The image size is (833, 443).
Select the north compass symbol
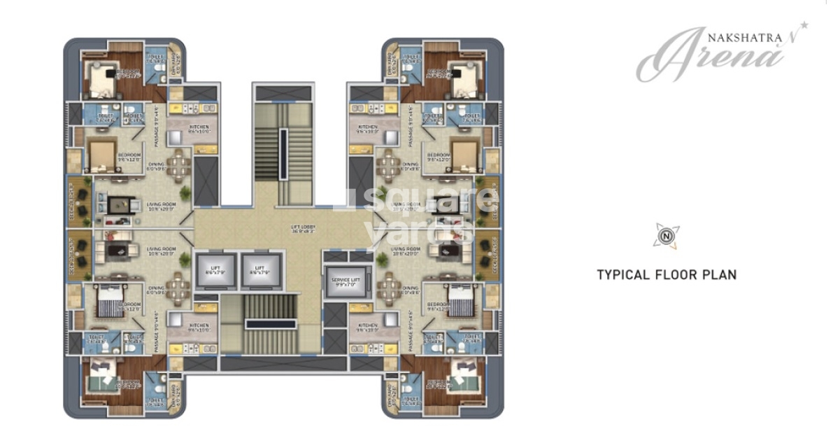coord(666,236)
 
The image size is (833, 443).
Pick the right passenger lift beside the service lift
coord(259,269)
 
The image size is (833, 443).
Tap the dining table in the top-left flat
coord(180,165)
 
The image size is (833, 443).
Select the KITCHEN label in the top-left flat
coord(198,128)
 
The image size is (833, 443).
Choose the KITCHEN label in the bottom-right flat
coord(368,327)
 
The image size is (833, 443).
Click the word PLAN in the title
coord(720,275)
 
